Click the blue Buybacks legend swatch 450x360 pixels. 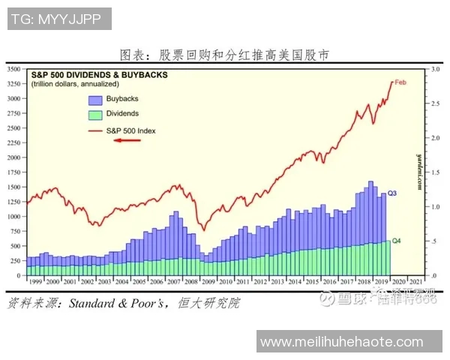click(95, 99)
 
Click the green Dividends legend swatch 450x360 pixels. click(95, 114)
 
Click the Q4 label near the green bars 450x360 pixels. click(397, 241)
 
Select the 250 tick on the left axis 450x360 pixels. click(15, 261)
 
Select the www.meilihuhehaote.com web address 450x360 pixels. click(349, 342)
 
